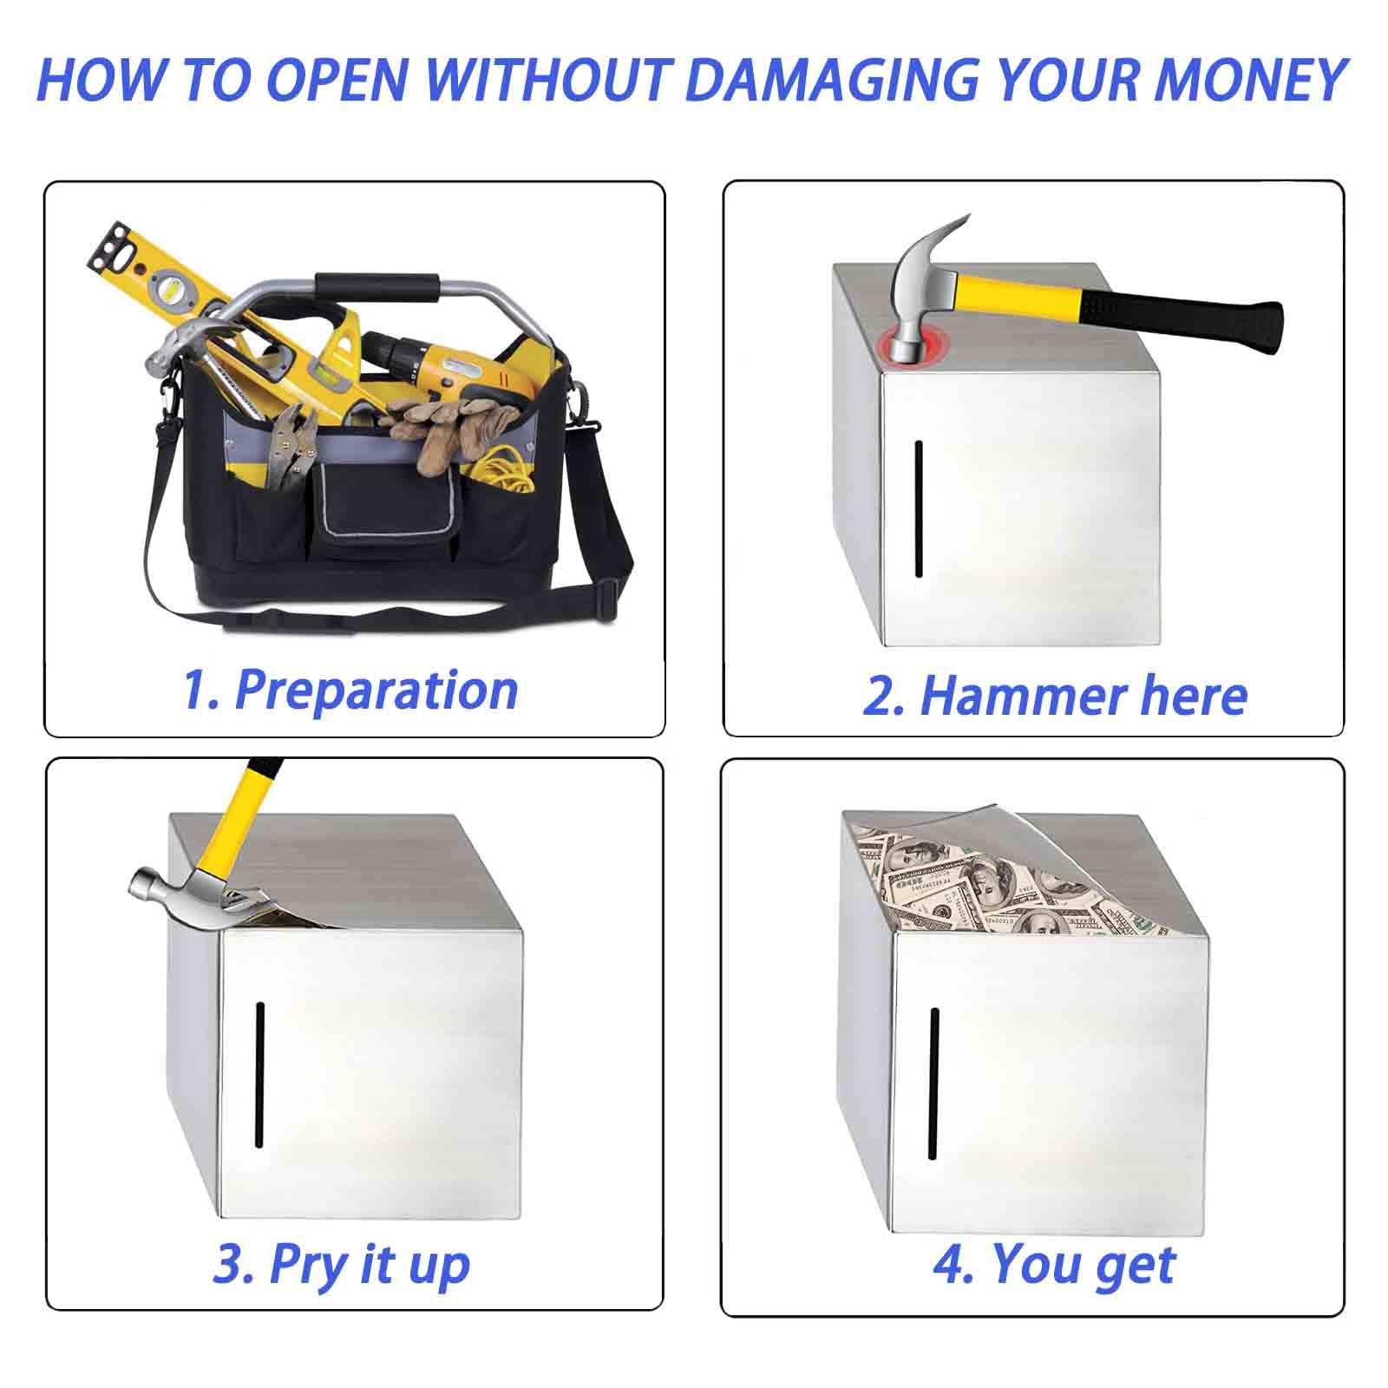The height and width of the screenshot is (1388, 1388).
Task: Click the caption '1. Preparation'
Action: coord(350,691)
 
